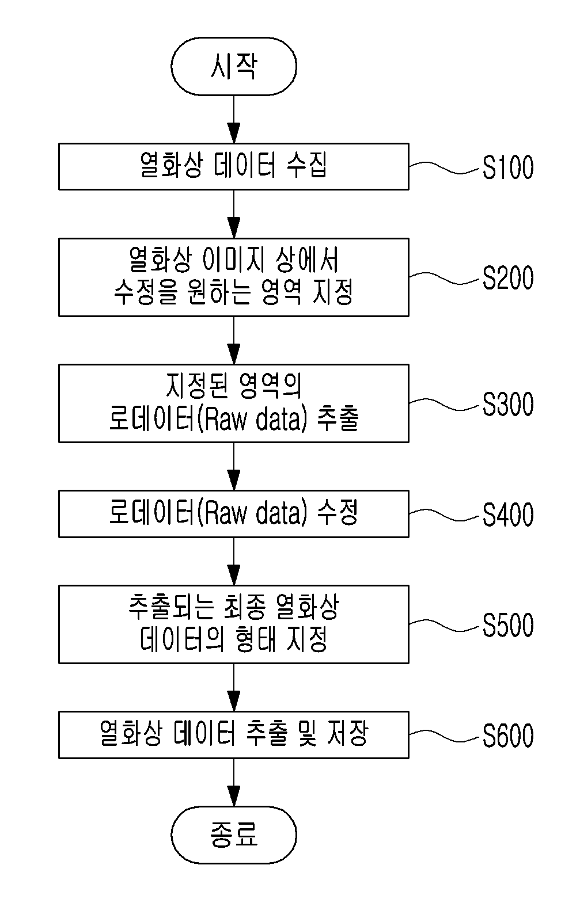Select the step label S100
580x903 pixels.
(508, 167)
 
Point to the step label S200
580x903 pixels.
(508, 278)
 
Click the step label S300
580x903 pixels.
(508, 404)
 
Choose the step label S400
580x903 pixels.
(508, 515)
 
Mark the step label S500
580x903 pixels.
(508, 625)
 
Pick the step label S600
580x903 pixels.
(508, 736)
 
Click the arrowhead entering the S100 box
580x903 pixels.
(233, 132)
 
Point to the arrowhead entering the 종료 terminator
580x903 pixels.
(233, 795)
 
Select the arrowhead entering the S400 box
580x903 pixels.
(233, 480)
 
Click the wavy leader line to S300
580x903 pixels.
(446, 405)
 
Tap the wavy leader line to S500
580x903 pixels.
(446, 625)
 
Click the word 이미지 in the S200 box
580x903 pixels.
(233, 260)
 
